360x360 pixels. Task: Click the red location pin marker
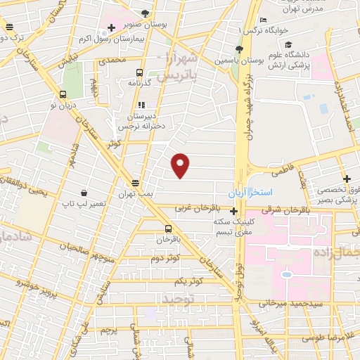point(181,165)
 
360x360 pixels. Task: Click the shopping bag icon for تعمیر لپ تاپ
point(84,193)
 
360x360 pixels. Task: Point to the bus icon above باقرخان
point(168,229)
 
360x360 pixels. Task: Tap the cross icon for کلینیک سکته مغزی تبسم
point(234,210)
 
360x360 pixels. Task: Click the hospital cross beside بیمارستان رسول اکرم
point(112,28)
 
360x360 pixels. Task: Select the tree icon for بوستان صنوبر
point(145,13)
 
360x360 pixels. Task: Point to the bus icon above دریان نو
point(63,94)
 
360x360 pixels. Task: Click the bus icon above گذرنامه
point(139,72)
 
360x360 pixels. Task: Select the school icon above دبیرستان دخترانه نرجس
point(142,105)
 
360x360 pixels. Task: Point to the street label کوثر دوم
point(165,258)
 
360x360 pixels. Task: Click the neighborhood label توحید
point(177,299)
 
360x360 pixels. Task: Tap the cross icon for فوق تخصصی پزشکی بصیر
point(347,179)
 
